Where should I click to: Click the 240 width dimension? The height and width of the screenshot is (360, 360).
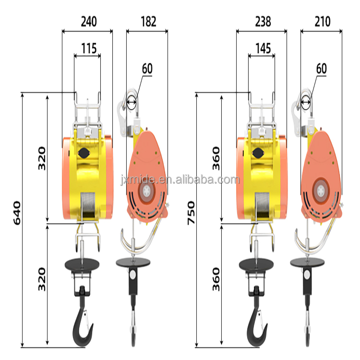pos(88,22)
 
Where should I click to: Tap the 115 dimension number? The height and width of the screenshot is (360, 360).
pos(88,48)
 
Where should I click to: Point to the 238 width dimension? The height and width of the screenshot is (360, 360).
pos(262,22)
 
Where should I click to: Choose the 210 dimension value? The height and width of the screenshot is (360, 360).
pos(323,22)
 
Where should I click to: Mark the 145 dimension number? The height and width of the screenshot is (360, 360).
pos(263,48)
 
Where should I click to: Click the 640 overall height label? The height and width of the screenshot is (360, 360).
pos(16,214)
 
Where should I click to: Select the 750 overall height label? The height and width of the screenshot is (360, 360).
pos(191,210)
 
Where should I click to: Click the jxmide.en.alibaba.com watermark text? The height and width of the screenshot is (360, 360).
pos(180,180)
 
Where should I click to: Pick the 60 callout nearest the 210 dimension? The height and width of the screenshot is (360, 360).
pos(321,69)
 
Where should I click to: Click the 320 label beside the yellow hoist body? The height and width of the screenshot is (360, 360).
pos(42,158)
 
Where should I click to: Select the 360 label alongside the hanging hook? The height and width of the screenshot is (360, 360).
pos(216,276)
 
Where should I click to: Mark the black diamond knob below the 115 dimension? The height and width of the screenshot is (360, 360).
pos(82,153)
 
